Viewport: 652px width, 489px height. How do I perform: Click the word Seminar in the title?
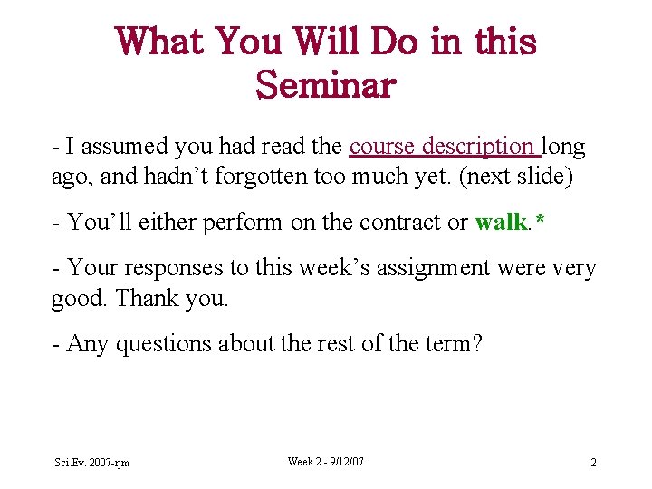click(x=326, y=86)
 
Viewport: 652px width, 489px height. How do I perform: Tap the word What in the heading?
click(x=159, y=42)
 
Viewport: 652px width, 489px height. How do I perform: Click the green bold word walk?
click(x=500, y=222)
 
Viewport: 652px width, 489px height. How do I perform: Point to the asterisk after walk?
click(x=540, y=220)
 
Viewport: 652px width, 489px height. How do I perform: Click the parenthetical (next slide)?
click(x=516, y=176)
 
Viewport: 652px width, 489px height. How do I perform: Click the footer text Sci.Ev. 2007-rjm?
click(x=91, y=463)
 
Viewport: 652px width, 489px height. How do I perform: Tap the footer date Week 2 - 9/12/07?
click(x=326, y=462)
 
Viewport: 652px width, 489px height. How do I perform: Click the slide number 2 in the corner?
click(x=593, y=463)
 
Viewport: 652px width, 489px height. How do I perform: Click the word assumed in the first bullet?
click(x=122, y=146)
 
